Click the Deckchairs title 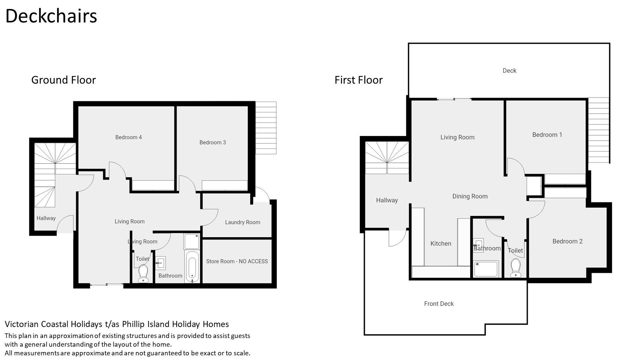51,16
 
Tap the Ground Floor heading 63,80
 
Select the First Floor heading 359,80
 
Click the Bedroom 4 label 128,137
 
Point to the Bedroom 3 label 213,143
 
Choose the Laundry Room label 242,222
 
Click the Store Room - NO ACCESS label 237,261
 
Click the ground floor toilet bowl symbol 143,274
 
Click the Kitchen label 441,244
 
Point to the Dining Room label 470,196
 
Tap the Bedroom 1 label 547,135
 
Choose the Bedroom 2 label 567,241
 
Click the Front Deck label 439,304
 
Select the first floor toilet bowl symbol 516,268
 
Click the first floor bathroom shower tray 486,269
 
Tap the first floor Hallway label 387,200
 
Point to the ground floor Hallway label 46,218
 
